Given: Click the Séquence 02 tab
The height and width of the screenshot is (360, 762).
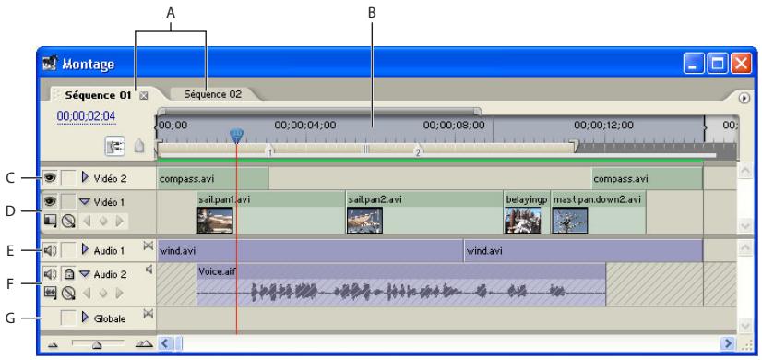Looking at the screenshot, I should click(212, 94).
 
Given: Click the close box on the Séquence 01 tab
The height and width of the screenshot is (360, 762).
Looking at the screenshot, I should click(143, 95).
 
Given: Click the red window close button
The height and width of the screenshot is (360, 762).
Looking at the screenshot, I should click(740, 65).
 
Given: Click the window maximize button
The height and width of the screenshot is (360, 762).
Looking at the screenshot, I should click(718, 65).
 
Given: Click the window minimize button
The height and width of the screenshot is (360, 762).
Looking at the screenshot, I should click(696, 65).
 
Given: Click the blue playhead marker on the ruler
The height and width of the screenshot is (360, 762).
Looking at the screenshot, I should click(236, 136).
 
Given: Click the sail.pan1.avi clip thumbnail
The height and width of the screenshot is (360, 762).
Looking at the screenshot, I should click(215, 219).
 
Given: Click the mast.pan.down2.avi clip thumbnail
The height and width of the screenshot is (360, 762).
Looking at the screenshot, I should click(569, 219).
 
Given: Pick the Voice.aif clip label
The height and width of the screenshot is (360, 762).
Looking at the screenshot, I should click(215, 271).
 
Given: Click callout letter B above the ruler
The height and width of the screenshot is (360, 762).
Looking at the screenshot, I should click(372, 11).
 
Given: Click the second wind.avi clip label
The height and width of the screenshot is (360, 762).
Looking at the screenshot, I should click(483, 250).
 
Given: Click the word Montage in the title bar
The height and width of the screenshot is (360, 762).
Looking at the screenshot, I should click(89, 66).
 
